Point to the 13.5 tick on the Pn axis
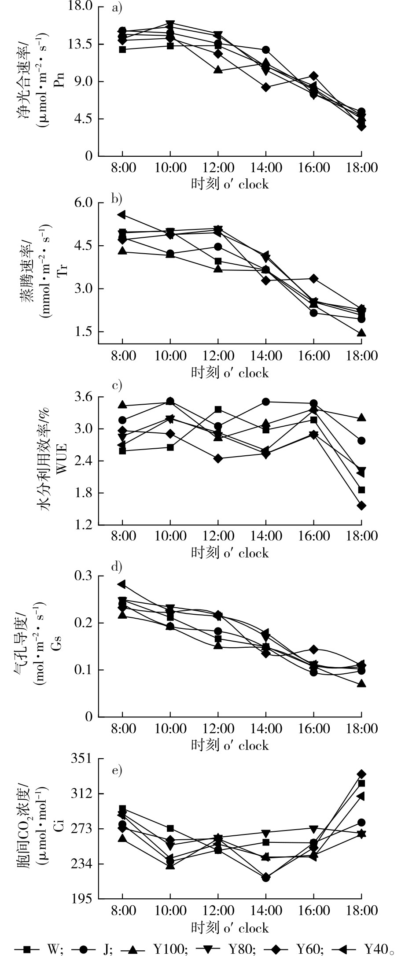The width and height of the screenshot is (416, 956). click(82, 44)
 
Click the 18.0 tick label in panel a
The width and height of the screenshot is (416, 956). click(82, 7)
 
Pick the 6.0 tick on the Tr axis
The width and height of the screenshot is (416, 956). click(86, 203)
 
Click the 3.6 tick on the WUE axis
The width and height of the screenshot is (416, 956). click(86, 397)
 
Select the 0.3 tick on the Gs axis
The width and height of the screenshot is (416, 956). click(86, 576)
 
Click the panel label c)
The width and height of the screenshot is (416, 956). click(117, 386)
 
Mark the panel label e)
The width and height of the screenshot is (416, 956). click(117, 770)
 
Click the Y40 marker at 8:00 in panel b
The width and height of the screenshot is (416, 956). click(122, 214)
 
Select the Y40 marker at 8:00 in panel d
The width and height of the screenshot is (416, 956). click(122, 584)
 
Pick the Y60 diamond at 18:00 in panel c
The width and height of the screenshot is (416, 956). click(361, 506)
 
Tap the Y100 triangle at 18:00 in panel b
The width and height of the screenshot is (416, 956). click(361, 333)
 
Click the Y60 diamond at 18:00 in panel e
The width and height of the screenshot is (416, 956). click(361, 774)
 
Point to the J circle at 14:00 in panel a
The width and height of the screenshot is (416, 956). click(266, 50)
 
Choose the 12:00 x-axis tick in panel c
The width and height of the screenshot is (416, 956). click(218, 536)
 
